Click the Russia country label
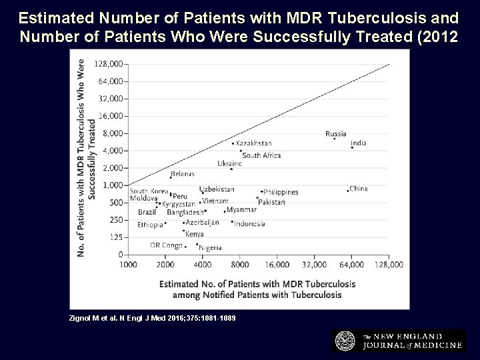[x=336, y=133]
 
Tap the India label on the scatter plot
[x=359, y=143]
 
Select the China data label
[x=359, y=189]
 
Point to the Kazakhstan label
[x=254, y=143]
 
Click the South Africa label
[x=261, y=155]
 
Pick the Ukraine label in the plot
[x=229, y=163]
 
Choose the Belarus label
[x=182, y=174]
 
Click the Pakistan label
[x=271, y=202]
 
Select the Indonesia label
[x=249, y=224]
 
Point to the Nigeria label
[x=210, y=248]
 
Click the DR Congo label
[x=166, y=245]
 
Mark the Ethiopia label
[x=150, y=225]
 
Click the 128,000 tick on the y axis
[x=109, y=64]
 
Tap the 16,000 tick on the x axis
[x=277, y=265]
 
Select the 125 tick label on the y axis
[x=116, y=237]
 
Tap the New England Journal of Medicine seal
[x=345, y=340]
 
